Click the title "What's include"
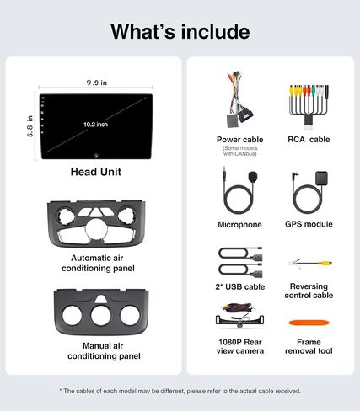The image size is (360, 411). (x=180, y=31)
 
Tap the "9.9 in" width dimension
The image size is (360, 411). (x=97, y=83)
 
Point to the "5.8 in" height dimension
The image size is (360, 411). (x=30, y=126)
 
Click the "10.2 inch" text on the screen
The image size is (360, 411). (x=95, y=125)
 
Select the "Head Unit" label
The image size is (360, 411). (x=96, y=172)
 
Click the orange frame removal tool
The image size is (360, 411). (x=309, y=323)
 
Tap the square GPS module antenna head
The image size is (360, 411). (x=321, y=178)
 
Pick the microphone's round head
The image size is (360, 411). (x=253, y=177)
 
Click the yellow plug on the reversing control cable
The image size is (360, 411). (x=325, y=264)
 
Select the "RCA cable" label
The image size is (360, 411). (x=309, y=140)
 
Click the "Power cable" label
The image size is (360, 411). (x=240, y=140)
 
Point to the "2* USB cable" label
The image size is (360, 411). (x=240, y=286)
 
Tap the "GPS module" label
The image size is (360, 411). (x=309, y=224)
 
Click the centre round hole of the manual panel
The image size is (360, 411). (x=100, y=316)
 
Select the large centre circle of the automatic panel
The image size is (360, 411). (x=97, y=229)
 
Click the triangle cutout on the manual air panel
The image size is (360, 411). (x=99, y=299)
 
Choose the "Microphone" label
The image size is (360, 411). (x=239, y=225)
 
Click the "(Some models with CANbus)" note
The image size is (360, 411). (x=240, y=151)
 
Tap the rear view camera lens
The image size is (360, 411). (x=239, y=325)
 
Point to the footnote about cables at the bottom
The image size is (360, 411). (x=180, y=391)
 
